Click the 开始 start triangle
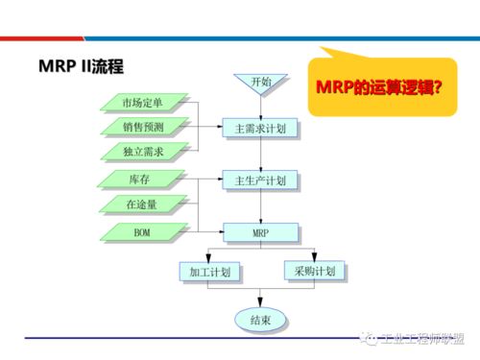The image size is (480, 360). (260, 84)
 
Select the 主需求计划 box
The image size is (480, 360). (260, 128)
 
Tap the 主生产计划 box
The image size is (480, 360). (260, 180)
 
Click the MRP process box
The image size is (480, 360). (260, 231)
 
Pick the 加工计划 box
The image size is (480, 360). (206, 272)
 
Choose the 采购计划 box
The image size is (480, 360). (313, 272)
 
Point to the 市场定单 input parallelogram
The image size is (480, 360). (143, 103)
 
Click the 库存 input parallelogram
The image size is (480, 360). (143, 180)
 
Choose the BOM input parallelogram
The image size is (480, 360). (143, 231)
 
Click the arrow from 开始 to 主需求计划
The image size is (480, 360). (260, 108)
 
